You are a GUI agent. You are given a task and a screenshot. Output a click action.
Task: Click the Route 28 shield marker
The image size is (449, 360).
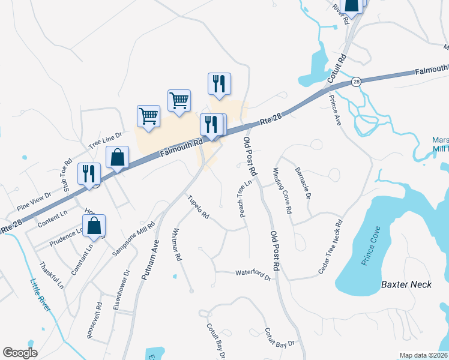[356, 81]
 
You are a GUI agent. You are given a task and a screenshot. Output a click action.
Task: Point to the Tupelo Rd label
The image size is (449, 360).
[197, 206]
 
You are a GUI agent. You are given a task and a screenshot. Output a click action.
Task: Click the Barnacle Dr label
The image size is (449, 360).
[303, 183]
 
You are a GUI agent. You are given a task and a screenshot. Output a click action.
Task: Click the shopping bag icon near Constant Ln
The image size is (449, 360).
[94, 226]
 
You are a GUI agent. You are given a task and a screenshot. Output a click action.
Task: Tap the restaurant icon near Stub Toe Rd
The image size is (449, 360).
[89, 173]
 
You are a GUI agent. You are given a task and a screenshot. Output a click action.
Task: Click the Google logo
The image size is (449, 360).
[20, 352]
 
